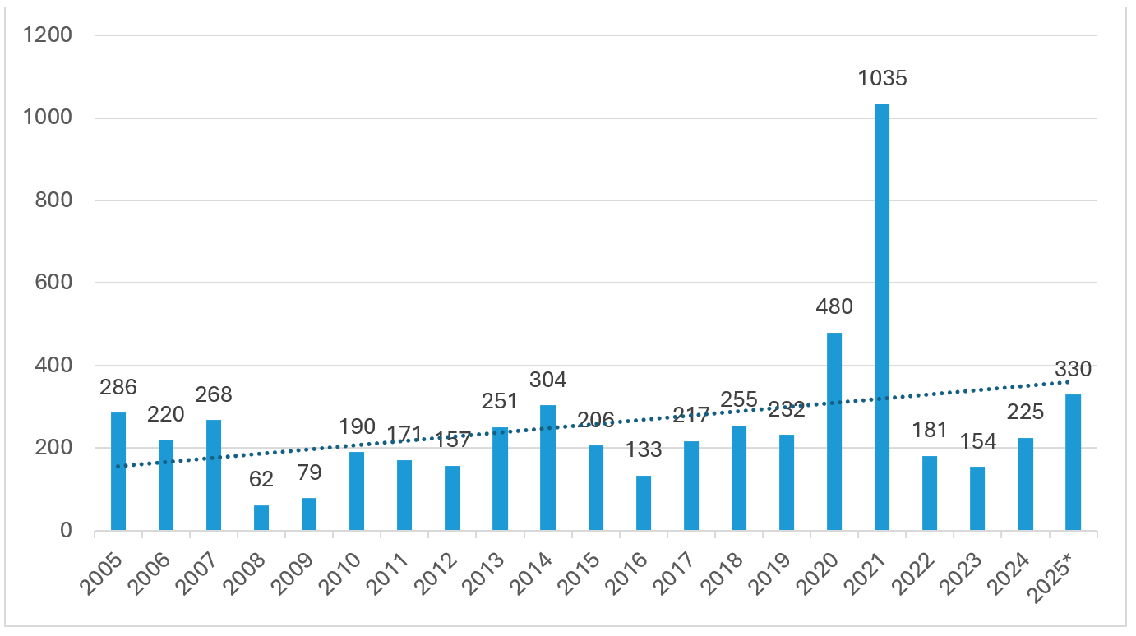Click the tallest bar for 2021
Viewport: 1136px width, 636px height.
882,316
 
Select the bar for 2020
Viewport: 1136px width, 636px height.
834,431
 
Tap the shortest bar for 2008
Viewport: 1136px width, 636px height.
261,518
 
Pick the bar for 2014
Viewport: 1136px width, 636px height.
547,468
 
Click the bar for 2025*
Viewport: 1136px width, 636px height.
1073,463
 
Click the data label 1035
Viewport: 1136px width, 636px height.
882,79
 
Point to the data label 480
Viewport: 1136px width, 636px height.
834,307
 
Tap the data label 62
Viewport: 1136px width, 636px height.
261,479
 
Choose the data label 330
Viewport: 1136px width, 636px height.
1073,370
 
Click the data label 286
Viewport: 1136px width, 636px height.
118,387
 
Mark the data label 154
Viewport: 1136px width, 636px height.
977,441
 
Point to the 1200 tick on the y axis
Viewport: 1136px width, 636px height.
49,35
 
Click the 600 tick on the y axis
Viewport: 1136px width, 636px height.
54,283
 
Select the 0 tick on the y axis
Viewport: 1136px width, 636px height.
67,531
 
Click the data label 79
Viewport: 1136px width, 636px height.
309,473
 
